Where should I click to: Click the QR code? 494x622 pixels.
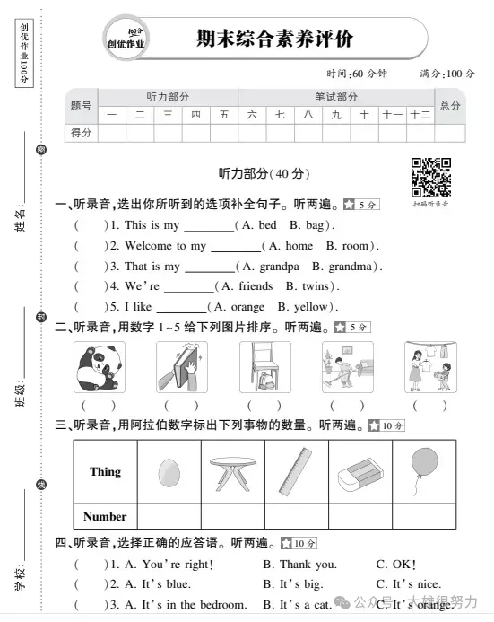pos(430,176)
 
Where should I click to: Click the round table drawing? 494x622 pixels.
pos(236,471)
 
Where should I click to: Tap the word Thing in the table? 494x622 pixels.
pos(106,471)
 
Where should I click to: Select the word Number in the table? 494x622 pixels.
pos(106,516)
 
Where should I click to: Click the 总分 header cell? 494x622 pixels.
pos(450,106)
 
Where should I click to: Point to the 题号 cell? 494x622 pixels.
pos(81,106)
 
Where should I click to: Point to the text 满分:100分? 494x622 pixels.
pos(446,73)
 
